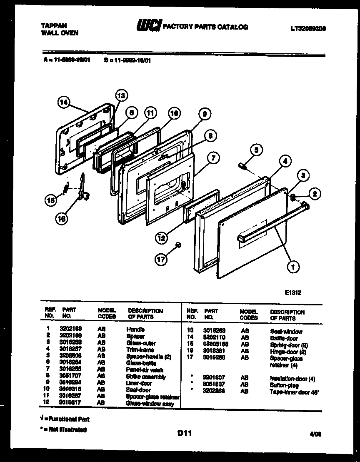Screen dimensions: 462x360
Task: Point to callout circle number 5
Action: tap(257, 149)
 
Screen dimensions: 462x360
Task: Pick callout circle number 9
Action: tap(204, 114)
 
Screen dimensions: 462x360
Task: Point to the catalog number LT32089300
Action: tap(308, 28)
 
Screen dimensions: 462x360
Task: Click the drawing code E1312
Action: tap(293, 293)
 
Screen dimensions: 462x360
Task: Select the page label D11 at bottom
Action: tap(184, 434)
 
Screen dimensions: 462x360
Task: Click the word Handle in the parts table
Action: tap(135, 329)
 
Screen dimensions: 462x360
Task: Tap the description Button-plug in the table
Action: tap(284, 385)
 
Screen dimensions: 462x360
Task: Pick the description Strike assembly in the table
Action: tap(146, 377)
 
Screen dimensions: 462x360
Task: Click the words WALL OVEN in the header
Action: tap(60, 33)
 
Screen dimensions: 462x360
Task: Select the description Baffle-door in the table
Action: tap(284, 338)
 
